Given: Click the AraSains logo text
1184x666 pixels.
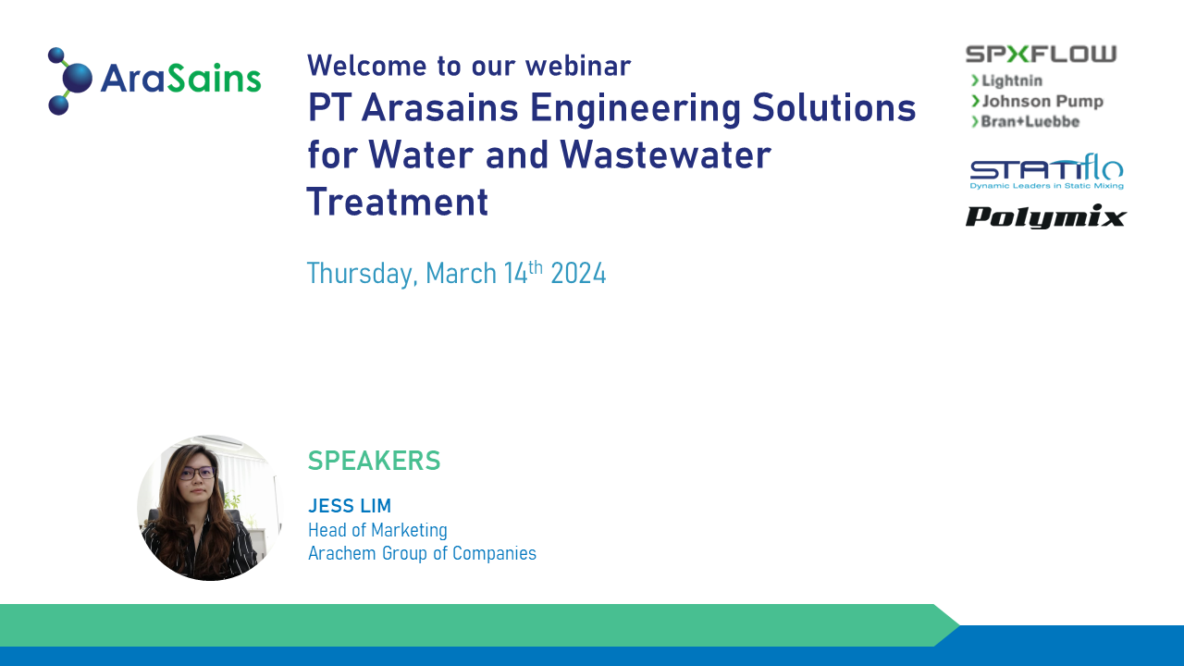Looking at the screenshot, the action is [180, 79].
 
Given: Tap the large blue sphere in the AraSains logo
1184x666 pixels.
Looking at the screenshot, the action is [77, 79].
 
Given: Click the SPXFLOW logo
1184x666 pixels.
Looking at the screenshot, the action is [1041, 54].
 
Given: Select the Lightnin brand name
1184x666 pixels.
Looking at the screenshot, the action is [1012, 80].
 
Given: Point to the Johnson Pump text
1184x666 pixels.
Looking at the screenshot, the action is [1042, 101].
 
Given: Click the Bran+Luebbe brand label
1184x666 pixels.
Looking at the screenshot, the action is [1030, 121].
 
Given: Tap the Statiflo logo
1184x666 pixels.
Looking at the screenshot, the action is [1046, 171].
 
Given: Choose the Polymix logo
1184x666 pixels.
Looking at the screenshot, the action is [1046, 216].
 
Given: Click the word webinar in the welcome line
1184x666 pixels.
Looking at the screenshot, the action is [578, 66].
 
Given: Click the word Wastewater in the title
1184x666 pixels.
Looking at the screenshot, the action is [665, 154].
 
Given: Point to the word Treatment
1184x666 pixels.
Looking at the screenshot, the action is [398, 202].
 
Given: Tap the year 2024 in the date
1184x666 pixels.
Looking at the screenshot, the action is [578, 273].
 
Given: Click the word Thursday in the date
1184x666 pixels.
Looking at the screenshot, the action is [363, 274].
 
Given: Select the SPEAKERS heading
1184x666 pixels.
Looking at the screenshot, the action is [375, 461].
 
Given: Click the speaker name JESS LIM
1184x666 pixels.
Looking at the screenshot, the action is [350, 506].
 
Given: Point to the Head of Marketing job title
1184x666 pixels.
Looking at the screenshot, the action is [378, 530].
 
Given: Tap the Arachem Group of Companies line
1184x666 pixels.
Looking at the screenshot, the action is [423, 553].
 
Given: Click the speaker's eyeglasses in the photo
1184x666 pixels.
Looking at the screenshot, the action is [197, 473].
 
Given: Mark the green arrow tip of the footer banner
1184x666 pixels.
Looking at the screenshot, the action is [959, 625].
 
